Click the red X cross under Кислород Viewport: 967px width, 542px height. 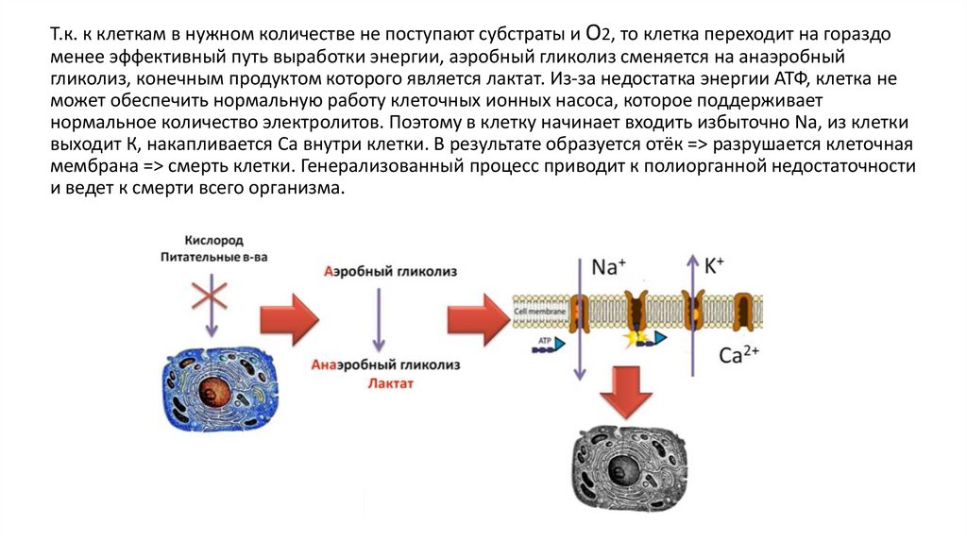coord(210,296)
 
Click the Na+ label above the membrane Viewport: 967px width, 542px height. coord(608,267)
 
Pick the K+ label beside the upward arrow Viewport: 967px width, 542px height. coord(714,266)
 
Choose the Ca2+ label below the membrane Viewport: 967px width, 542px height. coord(739,355)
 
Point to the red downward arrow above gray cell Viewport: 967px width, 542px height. coord(626,390)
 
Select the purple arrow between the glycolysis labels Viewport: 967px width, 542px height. coord(378,318)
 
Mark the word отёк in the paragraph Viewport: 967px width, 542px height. coord(679,144)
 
